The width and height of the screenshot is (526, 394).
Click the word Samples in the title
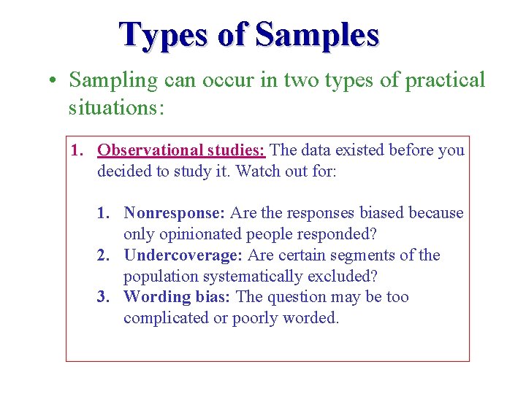click(318, 34)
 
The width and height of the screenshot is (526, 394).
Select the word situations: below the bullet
click(116, 107)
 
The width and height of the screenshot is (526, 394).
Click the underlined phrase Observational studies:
click(182, 150)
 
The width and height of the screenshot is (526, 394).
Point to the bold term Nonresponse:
click(175, 213)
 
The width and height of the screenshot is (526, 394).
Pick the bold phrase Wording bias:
click(178, 297)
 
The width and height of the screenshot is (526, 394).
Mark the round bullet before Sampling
click(54, 81)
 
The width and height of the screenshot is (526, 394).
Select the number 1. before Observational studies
click(76, 150)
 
